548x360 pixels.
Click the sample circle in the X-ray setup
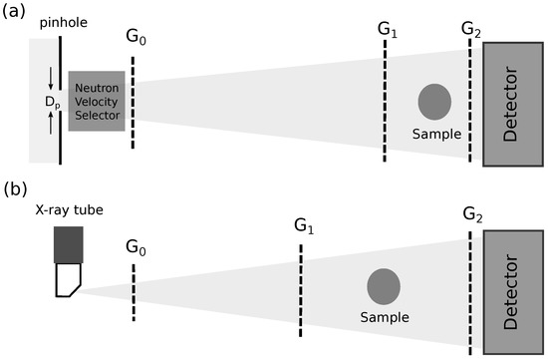(384, 286)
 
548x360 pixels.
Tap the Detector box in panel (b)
(512, 290)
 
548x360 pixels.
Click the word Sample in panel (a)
(433, 133)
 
